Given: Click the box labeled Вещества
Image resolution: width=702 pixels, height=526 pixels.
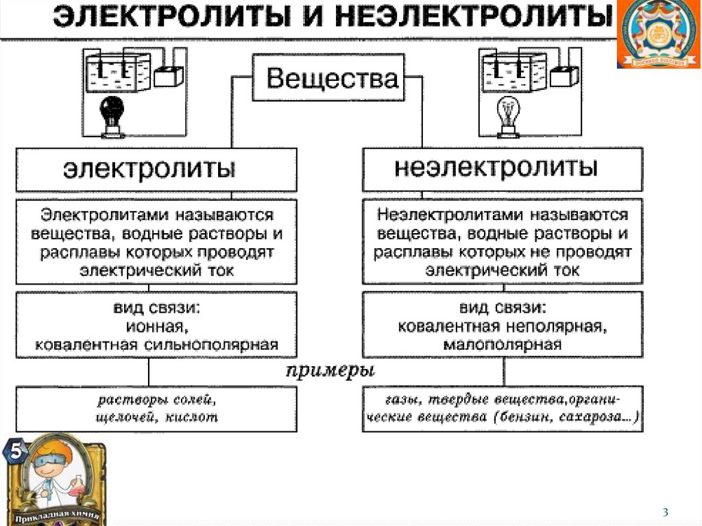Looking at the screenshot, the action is (328, 77).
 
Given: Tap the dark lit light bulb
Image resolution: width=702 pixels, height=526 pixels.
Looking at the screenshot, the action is (112, 115).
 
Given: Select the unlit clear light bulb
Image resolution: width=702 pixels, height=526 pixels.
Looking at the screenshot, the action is (509, 117).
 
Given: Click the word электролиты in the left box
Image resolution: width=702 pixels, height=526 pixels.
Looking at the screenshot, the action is (149, 169).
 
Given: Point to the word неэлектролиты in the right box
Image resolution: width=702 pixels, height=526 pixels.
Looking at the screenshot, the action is (496, 167).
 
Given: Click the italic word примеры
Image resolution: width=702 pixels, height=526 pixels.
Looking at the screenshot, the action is (330, 371).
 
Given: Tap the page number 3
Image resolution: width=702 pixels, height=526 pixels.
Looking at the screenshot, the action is (665, 512).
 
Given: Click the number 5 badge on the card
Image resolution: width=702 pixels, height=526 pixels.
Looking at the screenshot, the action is (15, 451).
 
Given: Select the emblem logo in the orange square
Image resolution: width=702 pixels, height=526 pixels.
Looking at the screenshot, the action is (659, 34).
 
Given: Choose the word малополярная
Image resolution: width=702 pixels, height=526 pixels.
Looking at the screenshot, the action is (503, 344).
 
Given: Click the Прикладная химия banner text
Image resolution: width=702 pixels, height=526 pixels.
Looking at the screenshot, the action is (57, 516).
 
